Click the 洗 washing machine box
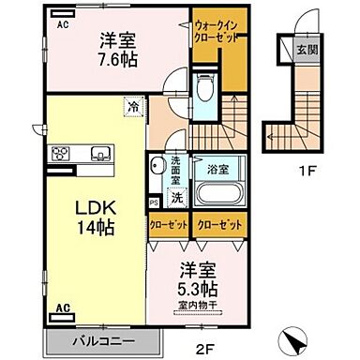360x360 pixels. [176, 198]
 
